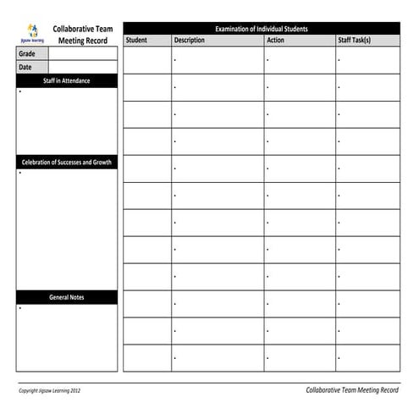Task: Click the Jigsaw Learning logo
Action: click(x=32, y=33)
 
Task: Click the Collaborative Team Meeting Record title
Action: click(x=83, y=34)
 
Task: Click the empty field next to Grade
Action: click(x=83, y=53)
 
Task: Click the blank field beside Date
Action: click(x=83, y=67)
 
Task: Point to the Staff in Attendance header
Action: click(x=67, y=81)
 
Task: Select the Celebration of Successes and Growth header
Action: click(x=67, y=162)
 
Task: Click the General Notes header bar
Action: click(x=67, y=297)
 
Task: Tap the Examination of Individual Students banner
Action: click(x=262, y=29)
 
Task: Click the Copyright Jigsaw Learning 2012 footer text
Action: click(x=50, y=390)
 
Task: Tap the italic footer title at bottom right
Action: click(x=351, y=389)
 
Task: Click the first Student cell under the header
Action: click(x=147, y=60)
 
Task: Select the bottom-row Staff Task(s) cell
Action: click(x=367, y=357)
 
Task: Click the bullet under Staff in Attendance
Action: click(x=19, y=91)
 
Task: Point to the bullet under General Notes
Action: click(x=19, y=307)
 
